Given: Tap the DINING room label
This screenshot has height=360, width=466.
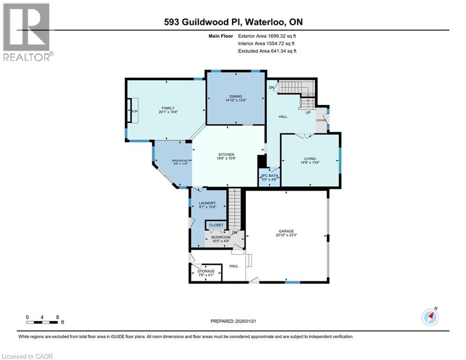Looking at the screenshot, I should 236,96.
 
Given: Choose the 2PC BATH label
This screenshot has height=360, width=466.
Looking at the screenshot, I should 269,175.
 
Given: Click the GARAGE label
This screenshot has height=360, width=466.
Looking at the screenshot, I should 286,231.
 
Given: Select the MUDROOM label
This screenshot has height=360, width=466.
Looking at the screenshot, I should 221,237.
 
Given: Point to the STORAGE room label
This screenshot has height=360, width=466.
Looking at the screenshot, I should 206,271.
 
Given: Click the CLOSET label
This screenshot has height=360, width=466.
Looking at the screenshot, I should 216,225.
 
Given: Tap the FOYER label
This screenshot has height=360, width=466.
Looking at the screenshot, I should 321,120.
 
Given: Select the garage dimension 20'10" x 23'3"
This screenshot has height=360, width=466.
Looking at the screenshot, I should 286,235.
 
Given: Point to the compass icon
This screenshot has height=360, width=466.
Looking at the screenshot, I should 430,317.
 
